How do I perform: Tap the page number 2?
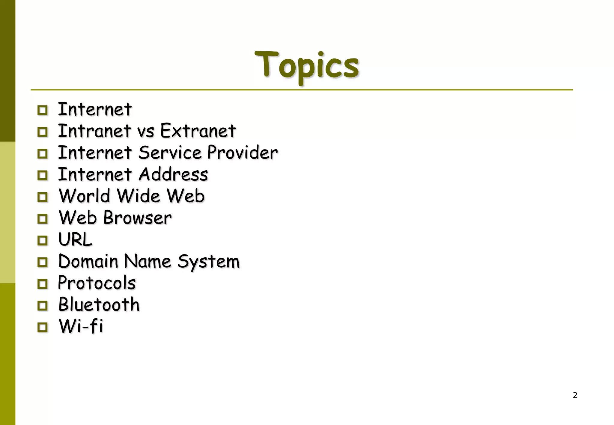575,395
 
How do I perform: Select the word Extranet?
198,131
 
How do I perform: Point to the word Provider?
242,153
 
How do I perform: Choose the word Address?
173,174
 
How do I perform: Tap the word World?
85,196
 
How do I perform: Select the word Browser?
137,218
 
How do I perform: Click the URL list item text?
75,239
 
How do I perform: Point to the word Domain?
88,261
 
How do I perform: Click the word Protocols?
97,283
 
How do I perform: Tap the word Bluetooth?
99,305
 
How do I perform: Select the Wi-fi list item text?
81,326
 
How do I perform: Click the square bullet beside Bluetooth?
43,306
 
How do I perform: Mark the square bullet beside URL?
43,240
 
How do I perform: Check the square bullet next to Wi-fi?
43,327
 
